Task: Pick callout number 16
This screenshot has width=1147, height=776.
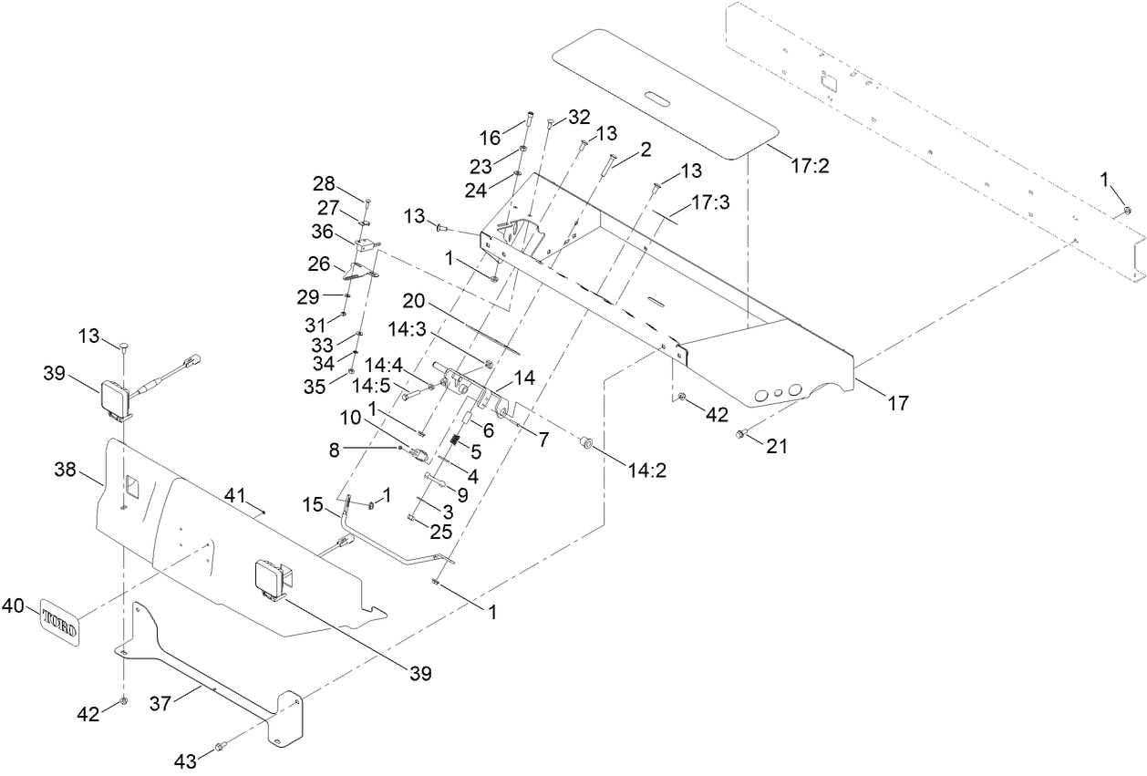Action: click(491, 138)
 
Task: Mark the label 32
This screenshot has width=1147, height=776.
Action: click(579, 117)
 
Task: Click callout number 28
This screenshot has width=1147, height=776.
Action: click(324, 182)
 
